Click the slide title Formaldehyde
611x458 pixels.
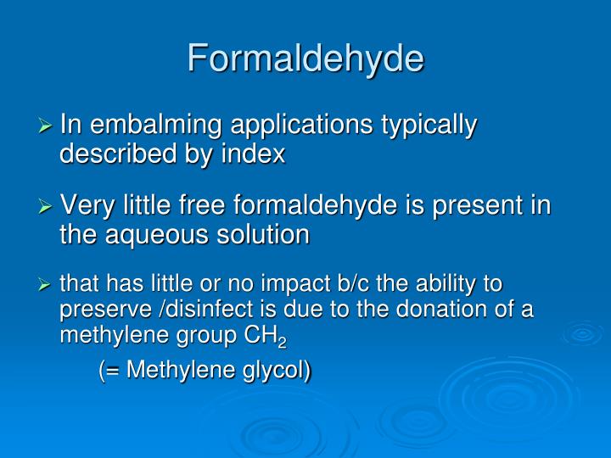pyautogui.click(x=305, y=59)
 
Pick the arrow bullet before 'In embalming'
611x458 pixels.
pyautogui.click(x=47, y=126)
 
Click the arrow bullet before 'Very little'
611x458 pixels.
pyautogui.click(x=47, y=206)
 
